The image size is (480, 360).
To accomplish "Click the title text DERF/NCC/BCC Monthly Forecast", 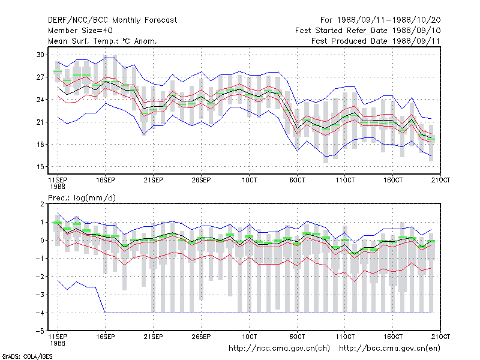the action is pyautogui.click(x=112, y=20).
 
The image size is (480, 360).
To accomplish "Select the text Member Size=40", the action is pyautogui.click(x=80, y=31).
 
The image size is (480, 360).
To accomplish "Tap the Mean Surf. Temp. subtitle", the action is pyautogui.click(x=102, y=41).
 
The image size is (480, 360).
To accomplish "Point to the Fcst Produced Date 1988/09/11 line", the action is pyautogui.click(x=376, y=41).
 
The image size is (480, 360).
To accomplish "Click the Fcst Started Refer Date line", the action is pyautogui.click(x=368, y=31).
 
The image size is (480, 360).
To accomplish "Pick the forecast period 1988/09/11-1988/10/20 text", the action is pyautogui.click(x=380, y=20).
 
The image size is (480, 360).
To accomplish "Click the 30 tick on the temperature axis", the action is pyautogui.click(x=40, y=55).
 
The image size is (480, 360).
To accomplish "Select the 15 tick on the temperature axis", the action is pyautogui.click(x=40, y=167).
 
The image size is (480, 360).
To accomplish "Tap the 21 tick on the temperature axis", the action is pyautogui.click(x=40, y=122).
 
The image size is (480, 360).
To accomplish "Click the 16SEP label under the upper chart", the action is pyautogui.click(x=106, y=180).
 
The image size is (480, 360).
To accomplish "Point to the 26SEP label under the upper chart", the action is pyautogui.click(x=201, y=180).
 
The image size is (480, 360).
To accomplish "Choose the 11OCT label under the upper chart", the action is pyautogui.click(x=345, y=180).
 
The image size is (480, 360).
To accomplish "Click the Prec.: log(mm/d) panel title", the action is pyautogui.click(x=82, y=198).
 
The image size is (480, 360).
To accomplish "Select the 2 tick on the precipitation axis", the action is pyautogui.click(x=42, y=204).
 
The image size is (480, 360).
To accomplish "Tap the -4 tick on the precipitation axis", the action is pyautogui.click(x=40, y=313).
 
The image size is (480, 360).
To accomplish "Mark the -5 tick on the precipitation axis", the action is pyautogui.click(x=40, y=331).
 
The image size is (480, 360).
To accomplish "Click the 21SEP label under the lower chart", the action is pyautogui.click(x=154, y=337).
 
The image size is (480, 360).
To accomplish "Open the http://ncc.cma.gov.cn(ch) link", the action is pyautogui.click(x=279, y=349).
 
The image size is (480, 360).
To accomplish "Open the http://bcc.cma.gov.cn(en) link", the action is pyautogui.click(x=389, y=349).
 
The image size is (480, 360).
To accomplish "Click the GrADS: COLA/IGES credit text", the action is pyautogui.click(x=27, y=356).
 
